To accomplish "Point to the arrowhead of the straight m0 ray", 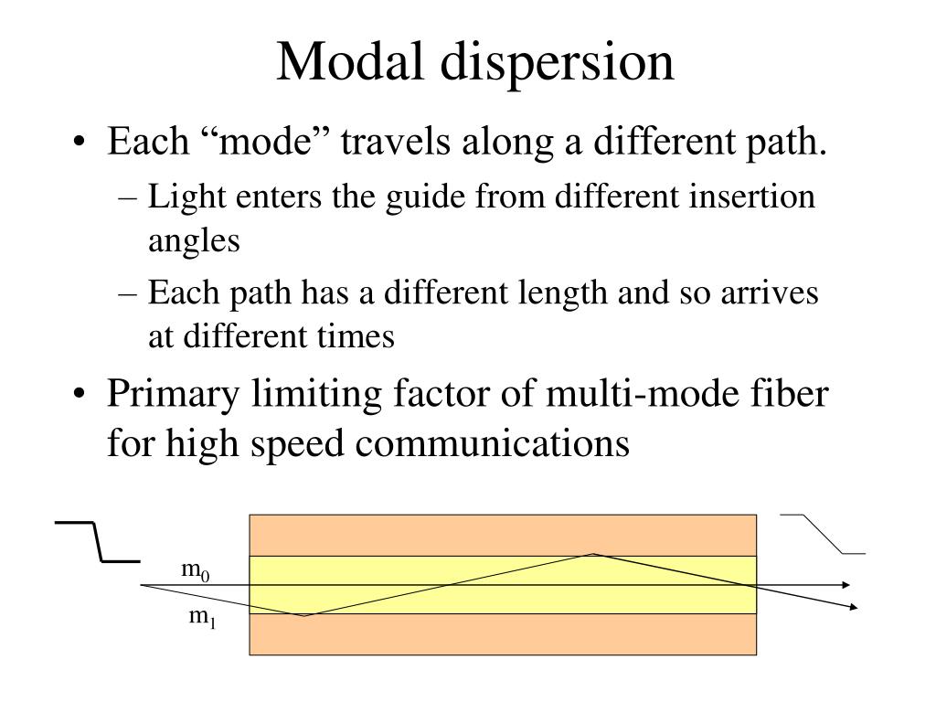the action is point(848,584).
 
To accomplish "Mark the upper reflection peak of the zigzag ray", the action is point(594,554).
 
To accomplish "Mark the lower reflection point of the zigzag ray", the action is point(303,615).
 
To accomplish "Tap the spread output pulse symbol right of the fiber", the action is point(823,535).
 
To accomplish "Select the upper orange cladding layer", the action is point(503,535).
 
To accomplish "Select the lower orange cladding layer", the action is point(503,634).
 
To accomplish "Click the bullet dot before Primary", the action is point(83,397).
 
